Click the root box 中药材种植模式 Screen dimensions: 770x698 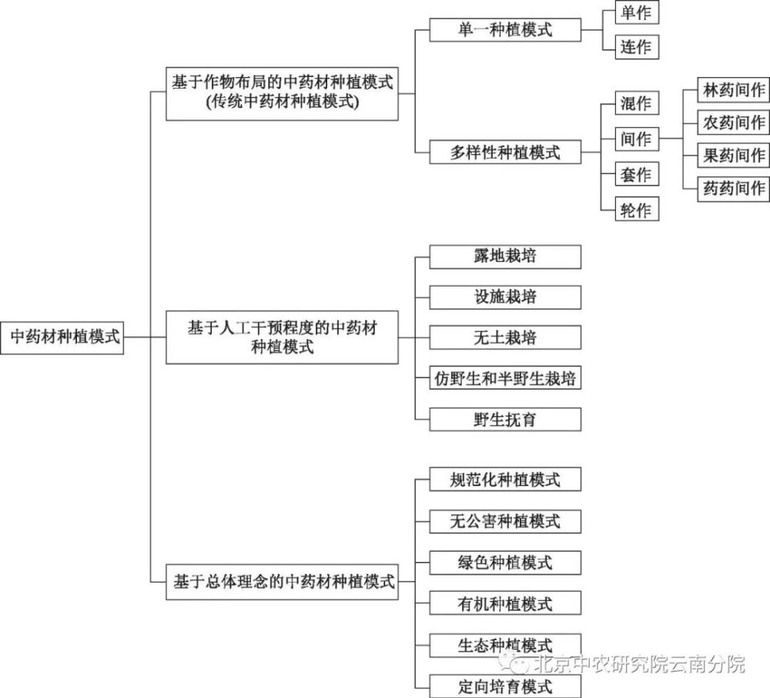(x=62, y=337)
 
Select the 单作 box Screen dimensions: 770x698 (x=637, y=12)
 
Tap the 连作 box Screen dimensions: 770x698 (x=637, y=47)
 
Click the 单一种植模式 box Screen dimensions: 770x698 (x=505, y=30)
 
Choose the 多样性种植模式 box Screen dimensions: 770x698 (x=505, y=152)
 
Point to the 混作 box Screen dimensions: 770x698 (x=637, y=102)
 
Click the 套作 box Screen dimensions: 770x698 (x=637, y=174)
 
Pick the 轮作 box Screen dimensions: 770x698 (x=637, y=210)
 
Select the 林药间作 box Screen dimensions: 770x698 (x=734, y=90)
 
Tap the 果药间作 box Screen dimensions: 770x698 (x=734, y=155)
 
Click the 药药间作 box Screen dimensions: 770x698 (x=734, y=188)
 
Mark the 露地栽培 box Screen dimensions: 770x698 (x=505, y=257)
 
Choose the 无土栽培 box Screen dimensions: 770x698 (x=505, y=337)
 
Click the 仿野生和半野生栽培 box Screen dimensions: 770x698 (x=505, y=378)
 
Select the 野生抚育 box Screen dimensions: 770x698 (x=505, y=419)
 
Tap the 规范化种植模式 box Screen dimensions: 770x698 (x=505, y=479)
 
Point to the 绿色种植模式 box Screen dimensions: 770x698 (x=505, y=562)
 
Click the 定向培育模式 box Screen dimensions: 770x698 (x=505, y=686)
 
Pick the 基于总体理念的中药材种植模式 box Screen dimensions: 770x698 (x=282, y=582)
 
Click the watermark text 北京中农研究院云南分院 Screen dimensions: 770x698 (x=639, y=664)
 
